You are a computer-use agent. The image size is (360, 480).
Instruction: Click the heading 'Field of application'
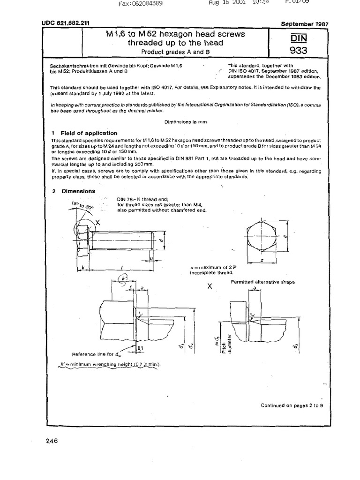click(x=89, y=133)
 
